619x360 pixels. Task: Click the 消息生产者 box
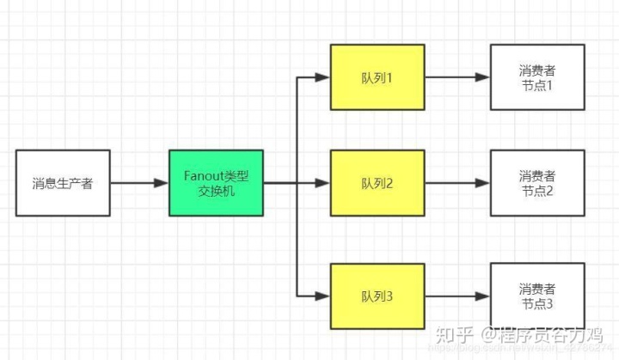63,183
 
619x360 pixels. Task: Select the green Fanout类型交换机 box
217,183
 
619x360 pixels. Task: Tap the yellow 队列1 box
377,77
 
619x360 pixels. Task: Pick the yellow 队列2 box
377,183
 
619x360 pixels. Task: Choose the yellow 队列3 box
377,296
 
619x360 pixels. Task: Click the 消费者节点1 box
537,77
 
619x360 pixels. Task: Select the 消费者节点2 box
537,183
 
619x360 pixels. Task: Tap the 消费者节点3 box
537,296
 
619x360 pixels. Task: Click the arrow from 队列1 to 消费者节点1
457,77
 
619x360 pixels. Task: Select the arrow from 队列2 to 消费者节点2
457,183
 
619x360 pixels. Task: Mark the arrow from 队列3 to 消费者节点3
457,296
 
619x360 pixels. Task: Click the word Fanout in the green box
204,175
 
